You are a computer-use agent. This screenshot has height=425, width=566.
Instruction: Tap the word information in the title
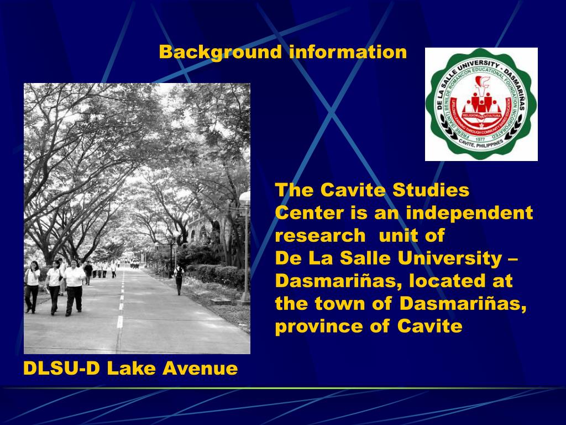tap(348, 52)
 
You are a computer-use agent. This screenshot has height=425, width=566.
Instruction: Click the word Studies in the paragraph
tap(431, 190)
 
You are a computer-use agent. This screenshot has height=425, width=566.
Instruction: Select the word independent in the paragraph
tap(469, 213)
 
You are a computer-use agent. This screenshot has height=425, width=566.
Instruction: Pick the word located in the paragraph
tap(444, 281)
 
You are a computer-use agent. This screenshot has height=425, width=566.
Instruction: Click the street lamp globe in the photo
tap(245, 196)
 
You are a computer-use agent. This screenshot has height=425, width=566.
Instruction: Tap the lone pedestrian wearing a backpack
tap(179, 279)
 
